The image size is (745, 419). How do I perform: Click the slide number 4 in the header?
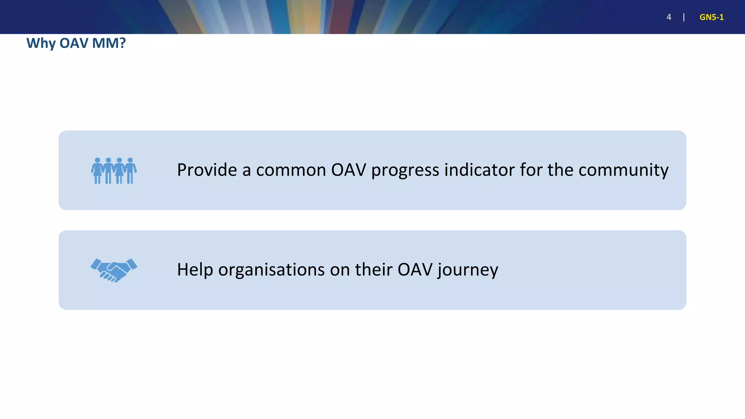669,17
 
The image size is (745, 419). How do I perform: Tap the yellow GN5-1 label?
711,17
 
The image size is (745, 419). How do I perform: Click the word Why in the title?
41,43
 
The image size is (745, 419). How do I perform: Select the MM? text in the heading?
109,43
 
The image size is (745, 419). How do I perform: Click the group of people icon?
114,171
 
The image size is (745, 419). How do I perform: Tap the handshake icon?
114,270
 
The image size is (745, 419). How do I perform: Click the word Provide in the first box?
207,170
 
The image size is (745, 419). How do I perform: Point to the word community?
623,170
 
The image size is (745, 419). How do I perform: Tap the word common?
291,170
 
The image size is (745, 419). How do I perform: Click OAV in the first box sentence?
348,170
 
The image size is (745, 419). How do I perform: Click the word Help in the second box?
195,270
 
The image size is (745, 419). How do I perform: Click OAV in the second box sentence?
415,270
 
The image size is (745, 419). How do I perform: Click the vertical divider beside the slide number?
684,17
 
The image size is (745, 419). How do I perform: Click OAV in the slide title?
73,43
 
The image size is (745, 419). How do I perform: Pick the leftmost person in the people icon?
97,171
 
